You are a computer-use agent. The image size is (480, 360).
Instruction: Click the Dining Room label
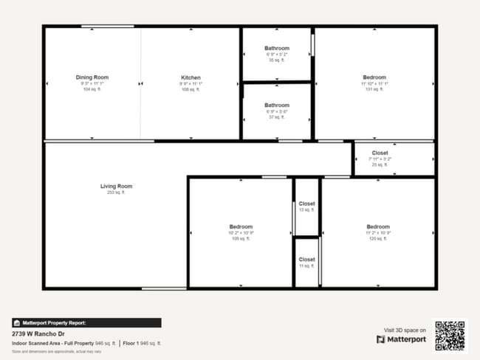click(x=92, y=77)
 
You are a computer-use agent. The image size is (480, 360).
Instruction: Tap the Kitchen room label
click(x=191, y=77)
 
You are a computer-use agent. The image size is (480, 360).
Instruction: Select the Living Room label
click(x=116, y=186)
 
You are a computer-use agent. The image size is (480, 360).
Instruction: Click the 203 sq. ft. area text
click(x=116, y=193)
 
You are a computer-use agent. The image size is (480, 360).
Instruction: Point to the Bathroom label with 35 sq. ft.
click(x=277, y=49)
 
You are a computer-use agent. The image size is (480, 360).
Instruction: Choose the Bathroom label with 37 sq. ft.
click(x=277, y=105)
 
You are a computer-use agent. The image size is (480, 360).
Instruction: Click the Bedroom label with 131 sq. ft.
click(x=374, y=77)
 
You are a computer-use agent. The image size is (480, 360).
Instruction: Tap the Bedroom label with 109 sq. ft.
click(x=241, y=226)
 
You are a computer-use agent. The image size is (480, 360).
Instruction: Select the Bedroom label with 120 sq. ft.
click(x=378, y=226)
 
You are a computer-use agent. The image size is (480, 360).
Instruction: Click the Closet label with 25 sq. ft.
click(x=380, y=153)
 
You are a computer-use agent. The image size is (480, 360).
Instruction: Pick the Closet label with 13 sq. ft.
click(x=306, y=204)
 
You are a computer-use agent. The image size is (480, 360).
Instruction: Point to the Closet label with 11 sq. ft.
click(x=306, y=260)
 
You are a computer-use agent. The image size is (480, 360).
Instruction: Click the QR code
click(x=450, y=335)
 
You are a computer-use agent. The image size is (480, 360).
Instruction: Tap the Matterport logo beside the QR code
click(x=402, y=339)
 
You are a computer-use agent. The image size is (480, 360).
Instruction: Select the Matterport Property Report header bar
click(x=86, y=322)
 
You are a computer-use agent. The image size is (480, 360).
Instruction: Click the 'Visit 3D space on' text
click(x=405, y=330)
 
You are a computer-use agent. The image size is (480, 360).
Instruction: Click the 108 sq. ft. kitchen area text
click(x=191, y=90)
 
